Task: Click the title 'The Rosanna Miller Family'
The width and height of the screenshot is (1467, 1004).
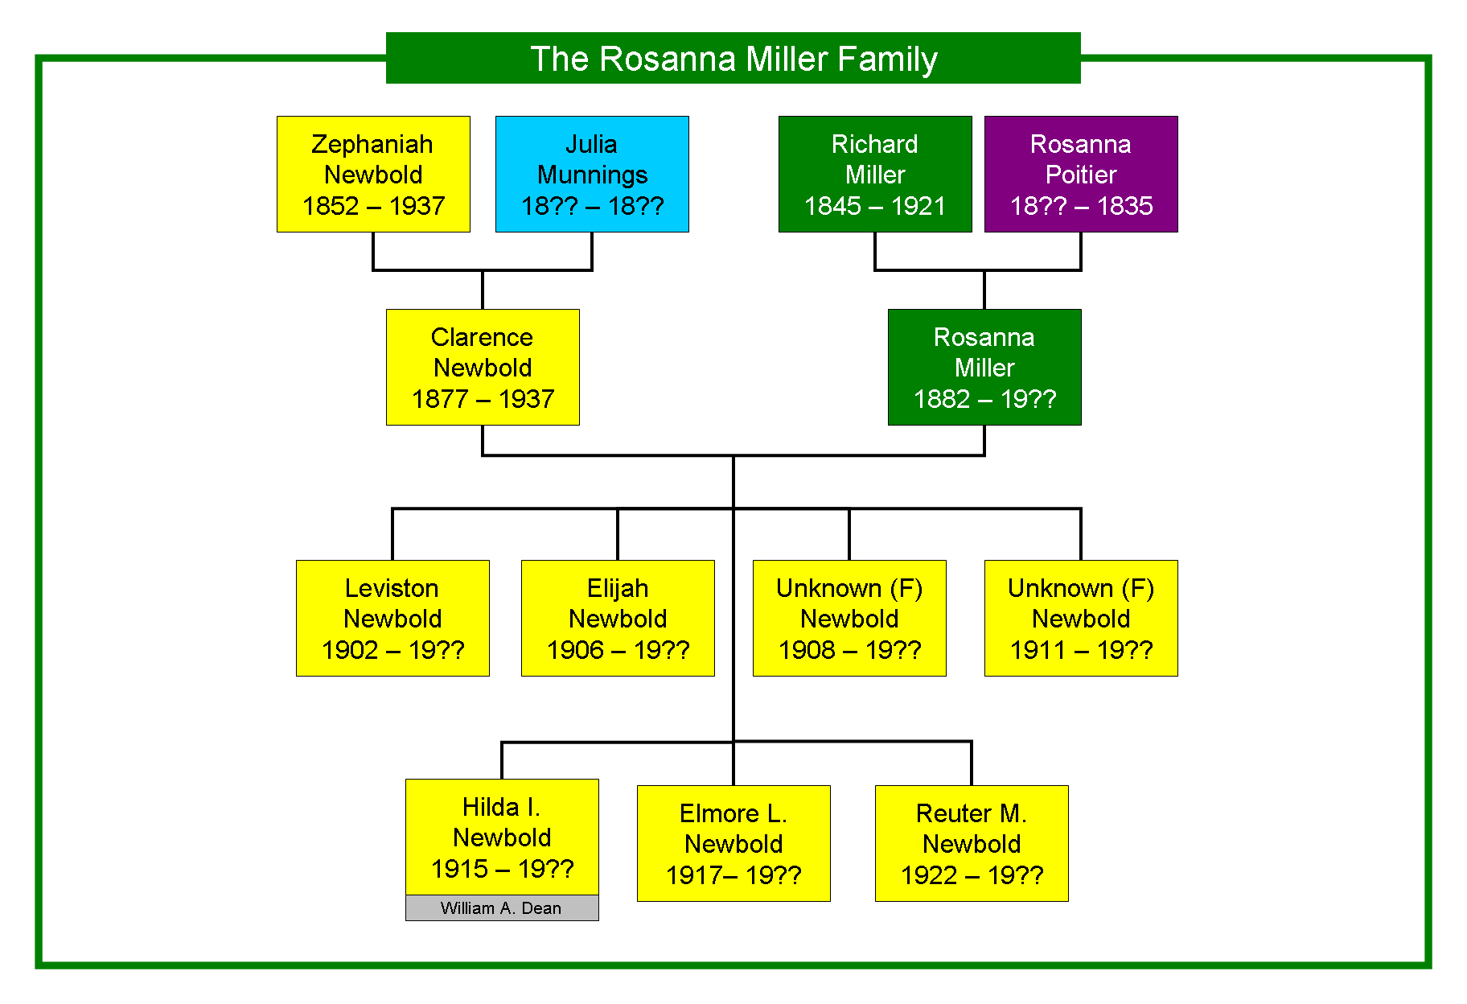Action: pos(733,58)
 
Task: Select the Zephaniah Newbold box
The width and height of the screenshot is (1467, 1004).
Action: pos(373,174)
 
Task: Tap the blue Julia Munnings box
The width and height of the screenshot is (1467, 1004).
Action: pos(592,174)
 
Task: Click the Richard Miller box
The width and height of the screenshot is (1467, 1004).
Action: pos(875,174)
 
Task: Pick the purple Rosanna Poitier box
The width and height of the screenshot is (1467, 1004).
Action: pos(1081,174)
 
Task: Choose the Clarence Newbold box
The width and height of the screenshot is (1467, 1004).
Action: pos(483,367)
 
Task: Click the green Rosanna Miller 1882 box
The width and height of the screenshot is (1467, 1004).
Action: pos(984,367)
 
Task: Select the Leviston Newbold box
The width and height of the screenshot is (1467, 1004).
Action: pos(392,618)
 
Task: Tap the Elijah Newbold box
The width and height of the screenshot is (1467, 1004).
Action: pos(618,618)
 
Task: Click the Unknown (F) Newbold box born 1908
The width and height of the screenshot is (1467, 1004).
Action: pos(849,618)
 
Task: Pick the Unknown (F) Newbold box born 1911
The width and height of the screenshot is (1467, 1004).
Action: pos(1081,618)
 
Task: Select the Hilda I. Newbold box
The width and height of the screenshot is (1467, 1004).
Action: pos(502,837)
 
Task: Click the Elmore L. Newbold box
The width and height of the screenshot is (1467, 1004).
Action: pos(733,843)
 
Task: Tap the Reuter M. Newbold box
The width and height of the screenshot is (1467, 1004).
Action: pos(972,843)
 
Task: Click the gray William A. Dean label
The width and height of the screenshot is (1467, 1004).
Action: pos(502,908)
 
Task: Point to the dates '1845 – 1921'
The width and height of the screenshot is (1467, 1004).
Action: pos(875,206)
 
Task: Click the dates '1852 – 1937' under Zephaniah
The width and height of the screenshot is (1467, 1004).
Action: pos(373,206)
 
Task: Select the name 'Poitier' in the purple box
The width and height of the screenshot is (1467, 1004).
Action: pos(1081,175)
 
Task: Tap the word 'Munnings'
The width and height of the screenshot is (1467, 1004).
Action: pos(592,175)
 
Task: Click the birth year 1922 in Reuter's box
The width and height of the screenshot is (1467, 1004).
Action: pos(929,875)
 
